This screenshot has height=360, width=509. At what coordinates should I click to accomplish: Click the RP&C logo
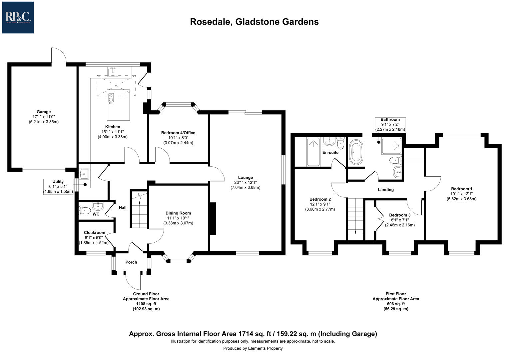pyautogui.click(x=18, y=17)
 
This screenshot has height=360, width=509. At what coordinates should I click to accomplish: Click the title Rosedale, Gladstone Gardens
pyautogui.click(x=254, y=22)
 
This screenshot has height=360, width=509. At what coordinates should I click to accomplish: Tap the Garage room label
pyautogui.click(x=44, y=112)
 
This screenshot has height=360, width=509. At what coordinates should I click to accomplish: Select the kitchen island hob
pyautogui.click(x=111, y=98)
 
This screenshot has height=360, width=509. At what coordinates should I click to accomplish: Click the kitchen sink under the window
pyautogui.click(x=113, y=71)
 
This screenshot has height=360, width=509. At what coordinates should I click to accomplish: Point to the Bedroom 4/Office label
pyautogui.click(x=178, y=133)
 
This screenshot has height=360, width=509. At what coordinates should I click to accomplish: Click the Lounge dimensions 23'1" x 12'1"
pyautogui.click(x=245, y=182)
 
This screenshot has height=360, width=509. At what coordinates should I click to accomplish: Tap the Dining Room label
pyautogui.click(x=178, y=213)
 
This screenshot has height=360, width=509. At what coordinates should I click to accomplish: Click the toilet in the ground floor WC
pyautogui.click(x=85, y=211)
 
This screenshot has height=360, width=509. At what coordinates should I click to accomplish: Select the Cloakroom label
pyautogui.click(x=94, y=233)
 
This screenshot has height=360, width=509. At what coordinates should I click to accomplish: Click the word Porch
pyautogui.click(x=131, y=262)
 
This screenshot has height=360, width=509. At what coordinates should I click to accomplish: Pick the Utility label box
pyautogui.click(x=58, y=187)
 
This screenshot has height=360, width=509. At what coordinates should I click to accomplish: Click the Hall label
pyautogui.click(x=123, y=208)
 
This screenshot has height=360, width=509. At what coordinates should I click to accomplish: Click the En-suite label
pyautogui.click(x=330, y=153)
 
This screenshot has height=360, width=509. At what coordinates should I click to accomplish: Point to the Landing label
pyautogui.click(x=386, y=190)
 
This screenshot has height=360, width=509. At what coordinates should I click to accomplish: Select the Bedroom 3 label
pyautogui.click(x=400, y=215)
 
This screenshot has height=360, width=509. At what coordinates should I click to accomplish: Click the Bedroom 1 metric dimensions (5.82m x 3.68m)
pyautogui.click(x=461, y=199)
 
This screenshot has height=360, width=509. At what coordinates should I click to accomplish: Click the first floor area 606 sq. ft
pyautogui.click(x=396, y=304)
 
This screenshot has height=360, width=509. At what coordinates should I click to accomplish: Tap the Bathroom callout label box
pyautogui.click(x=390, y=124)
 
